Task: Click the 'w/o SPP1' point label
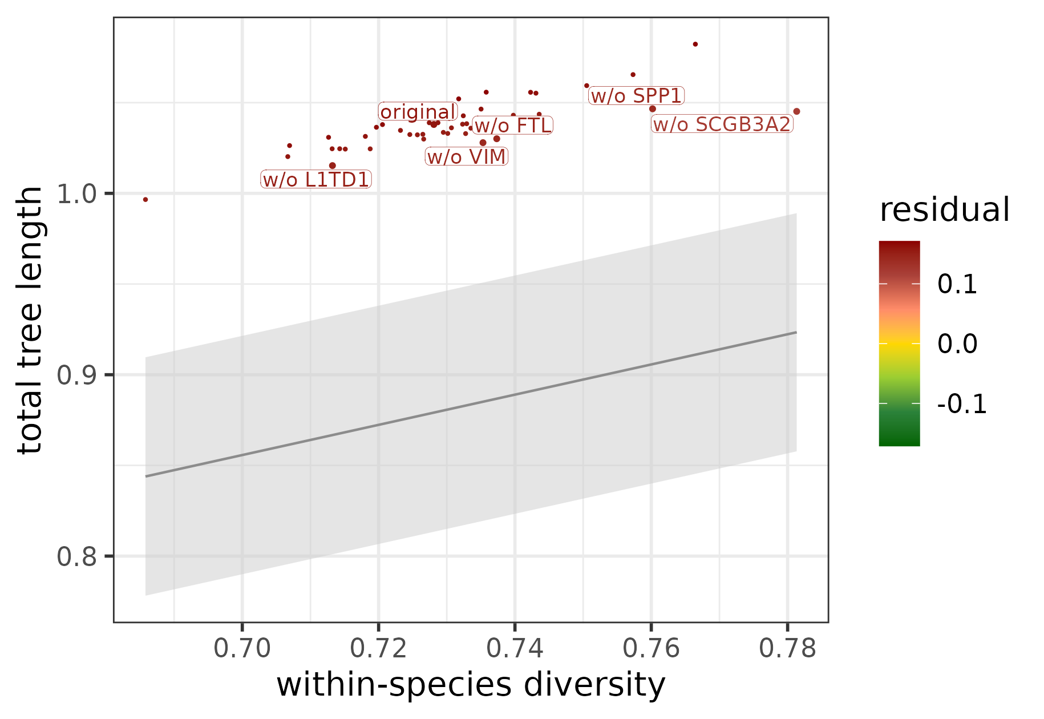636,96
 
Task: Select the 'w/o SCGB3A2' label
722,124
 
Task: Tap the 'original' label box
418,112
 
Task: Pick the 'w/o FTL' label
512,126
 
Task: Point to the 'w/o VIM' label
466,157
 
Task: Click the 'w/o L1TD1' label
316,180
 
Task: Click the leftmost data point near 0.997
145,200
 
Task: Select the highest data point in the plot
695,45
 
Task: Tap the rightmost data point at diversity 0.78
796,112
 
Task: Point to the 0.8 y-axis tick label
75,556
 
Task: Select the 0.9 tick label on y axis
75,375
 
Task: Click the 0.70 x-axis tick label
242,649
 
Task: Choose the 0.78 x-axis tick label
787,649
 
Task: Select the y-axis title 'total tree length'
30,320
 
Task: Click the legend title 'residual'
944,210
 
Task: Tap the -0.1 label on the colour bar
961,404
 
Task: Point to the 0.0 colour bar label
957,344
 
